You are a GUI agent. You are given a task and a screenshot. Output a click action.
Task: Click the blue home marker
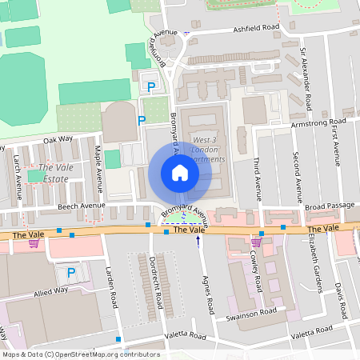click(180, 173)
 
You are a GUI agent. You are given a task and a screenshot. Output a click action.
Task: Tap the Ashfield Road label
click(256, 26)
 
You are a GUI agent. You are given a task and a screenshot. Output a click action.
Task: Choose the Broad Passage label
click(330, 206)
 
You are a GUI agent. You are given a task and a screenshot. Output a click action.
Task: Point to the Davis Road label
click(339, 298)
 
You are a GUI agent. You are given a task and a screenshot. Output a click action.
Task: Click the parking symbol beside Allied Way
click(71, 274)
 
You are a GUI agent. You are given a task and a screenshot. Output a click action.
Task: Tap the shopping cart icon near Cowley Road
click(256, 241)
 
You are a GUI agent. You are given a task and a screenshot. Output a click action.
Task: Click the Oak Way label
click(58, 138)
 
